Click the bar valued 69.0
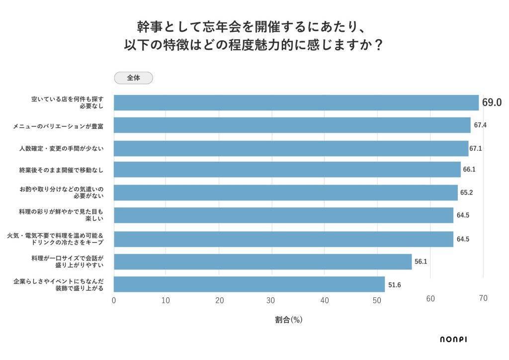pyautogui.click(x=296, y=102)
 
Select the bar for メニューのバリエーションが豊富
pyautogui.click(x=292, y=125)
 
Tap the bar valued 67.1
pyautogui.click(x=291, y=148)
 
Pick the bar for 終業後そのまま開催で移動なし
pyautogui.click(x=287, y=170)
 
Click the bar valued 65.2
pyautogui.click(x=285, y=192)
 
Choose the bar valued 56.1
pyautogui.click(x=262, y=262)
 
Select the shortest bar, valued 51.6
pyautogui.click(x=249, y=284)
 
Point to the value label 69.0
pyautogui.click(x=492, y=103)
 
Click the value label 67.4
pyautogui.click(x=480, y=125)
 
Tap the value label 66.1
pyautogui.click(x=469, y=170)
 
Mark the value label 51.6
pyautogui.click(x=394, y=284)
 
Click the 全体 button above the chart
pyautogui.click(x=133, y=78)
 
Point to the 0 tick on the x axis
pyautogui.click(x=114, y=300)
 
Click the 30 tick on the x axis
pyautogui.click(x=271, y=300)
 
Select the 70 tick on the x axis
pyautogui.click(x=483, y=298)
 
